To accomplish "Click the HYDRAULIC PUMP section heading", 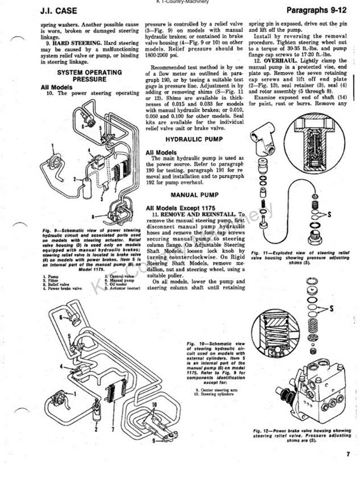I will [x=194, y=139].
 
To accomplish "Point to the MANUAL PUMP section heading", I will [x=194, y=195].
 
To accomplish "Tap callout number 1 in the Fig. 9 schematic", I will [x=52, y=145].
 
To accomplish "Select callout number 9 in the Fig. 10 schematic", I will [x=154, y=441].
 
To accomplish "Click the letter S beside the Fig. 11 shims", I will [x=329, y=215].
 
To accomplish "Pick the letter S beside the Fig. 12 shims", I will [x=332, y=308].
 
